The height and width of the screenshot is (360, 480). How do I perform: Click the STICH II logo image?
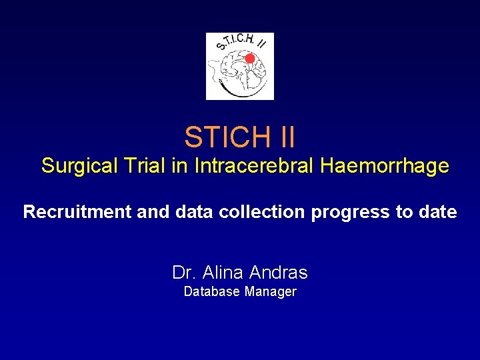[239, 66]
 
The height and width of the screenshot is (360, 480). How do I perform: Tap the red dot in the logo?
[249, 59]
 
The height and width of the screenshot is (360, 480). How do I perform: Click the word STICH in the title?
[224, 137]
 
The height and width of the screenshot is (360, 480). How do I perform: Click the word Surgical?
[78, 166]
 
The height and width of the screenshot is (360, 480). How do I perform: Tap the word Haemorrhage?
[385, 166]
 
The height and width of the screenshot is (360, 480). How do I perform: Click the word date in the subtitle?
[437, 213]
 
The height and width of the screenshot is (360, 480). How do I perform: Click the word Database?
[211, 292]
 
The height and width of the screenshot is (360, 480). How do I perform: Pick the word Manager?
[271, 292]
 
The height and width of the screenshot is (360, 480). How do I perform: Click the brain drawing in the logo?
[236, 70]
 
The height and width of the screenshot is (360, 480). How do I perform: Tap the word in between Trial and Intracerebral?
[180, 166]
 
